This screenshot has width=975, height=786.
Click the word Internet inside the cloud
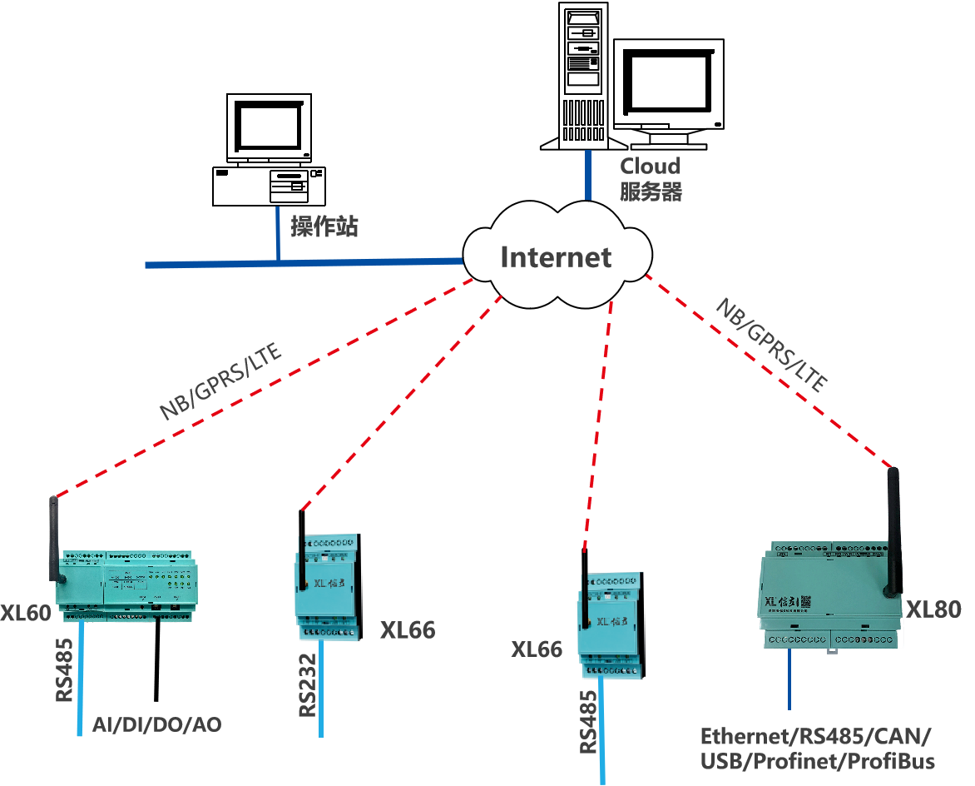[556, 257]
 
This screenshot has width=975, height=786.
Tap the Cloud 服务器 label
[651, 178]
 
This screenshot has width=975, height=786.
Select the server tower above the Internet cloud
[582, 75]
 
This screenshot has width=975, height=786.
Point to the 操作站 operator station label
[324, 226]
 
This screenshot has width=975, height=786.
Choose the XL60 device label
[26, 614]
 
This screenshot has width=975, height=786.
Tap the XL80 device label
[933, 609]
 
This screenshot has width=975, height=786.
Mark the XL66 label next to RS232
[408, 630]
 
